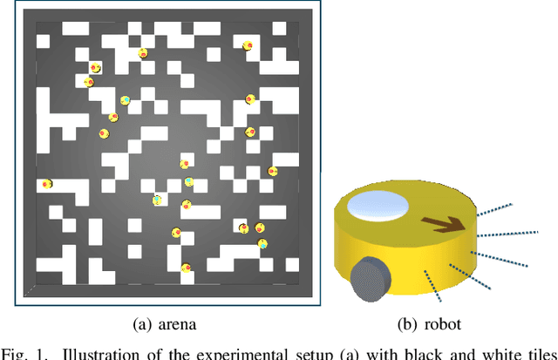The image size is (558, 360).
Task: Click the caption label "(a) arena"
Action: pos(164,324)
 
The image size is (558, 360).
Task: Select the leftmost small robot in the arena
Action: pos(47,184)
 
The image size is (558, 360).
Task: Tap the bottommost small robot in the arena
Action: pos(186,268)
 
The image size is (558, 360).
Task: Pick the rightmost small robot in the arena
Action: pos(273,171)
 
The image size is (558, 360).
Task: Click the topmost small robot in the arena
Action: pos(248,45)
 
